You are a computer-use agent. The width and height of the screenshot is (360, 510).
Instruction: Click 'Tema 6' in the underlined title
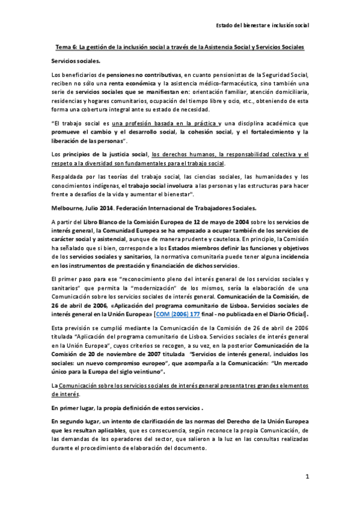(x=66, y=47)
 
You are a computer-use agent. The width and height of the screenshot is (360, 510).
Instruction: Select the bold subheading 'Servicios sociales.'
(x=76, y=61)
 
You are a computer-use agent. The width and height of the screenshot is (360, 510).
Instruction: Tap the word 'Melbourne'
(x=67, y=208)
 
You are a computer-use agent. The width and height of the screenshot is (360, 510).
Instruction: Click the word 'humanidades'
(x=272, y=176)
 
